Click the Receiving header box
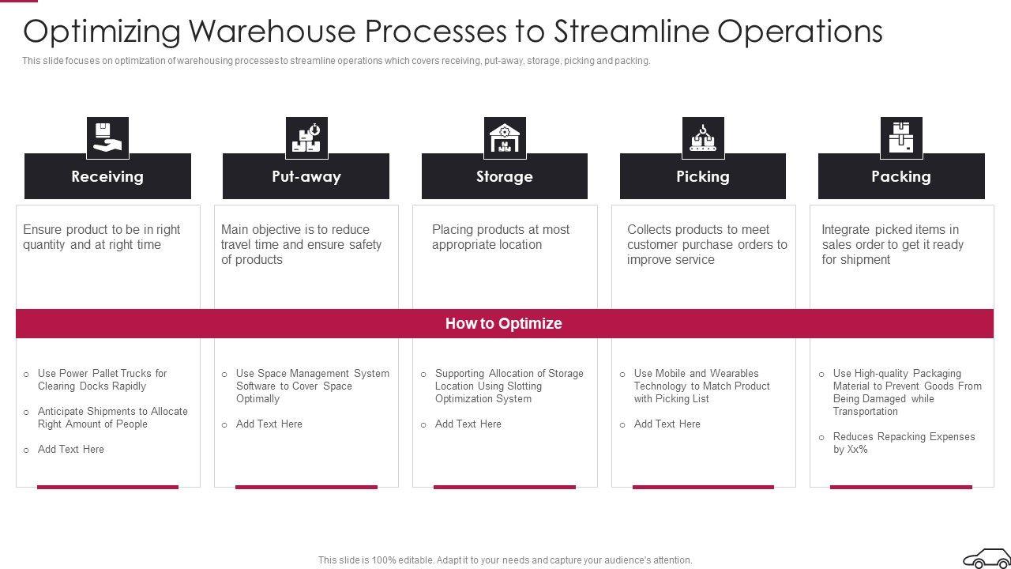pyautogui.click(x=107, y=176)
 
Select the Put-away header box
pyautogui.click(x=306, y=176)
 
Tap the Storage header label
pyautogui.click(x=504, y=176)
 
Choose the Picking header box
pyautogui.click(x=702, y=176)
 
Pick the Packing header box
pyautogui.click(x=900, y=176)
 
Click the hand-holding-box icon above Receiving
pyautogui.click(x=107, y=138)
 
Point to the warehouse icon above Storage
pyautogui.click(x=505, y=138)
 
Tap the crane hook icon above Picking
pyautogui.click(x=703, y=138)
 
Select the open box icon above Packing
pyautogui.click(x=901, y=138)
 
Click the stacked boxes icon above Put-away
pyautogui.click(x=306, y=138)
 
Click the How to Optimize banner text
pyautogui.click(x=504, y=323)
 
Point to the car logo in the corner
pyautogui.click(x=984, y=558)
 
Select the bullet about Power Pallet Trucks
pyautogui.click(x=103, y=379)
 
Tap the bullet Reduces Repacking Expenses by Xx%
pyautogui.click(x=904, y=443)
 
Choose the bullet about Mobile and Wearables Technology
pyautogui.click(x=701, y=386)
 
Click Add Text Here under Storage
pyautogui.click(x=468, y=424)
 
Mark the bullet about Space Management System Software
pyautogui.click(x=312, y=386)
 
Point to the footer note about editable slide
pyautogui.click(x=505, y=560)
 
